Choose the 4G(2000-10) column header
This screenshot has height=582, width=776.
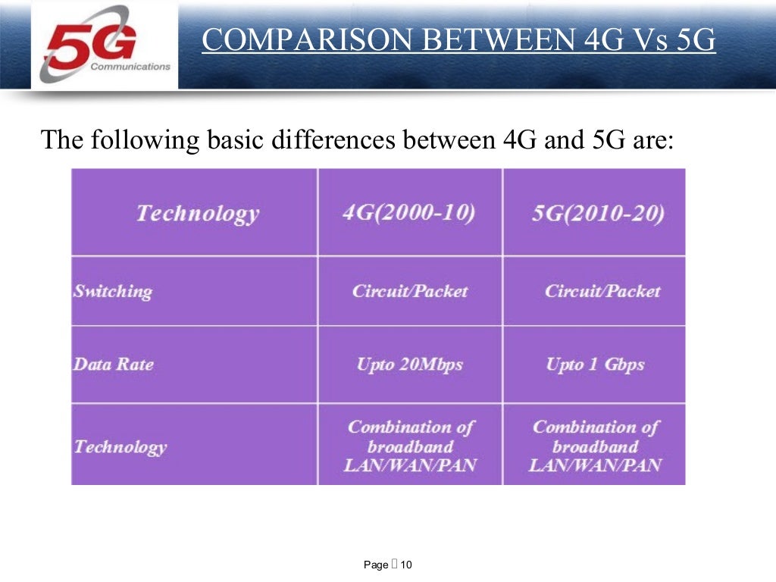409,212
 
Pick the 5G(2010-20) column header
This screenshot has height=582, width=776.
598,213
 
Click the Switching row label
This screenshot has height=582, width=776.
112,291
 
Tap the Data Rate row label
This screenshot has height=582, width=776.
113,365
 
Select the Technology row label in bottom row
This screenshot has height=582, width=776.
120,446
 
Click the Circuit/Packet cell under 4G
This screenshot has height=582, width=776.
409,291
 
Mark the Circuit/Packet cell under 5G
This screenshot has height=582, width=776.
602,291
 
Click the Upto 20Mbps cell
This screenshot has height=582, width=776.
409,365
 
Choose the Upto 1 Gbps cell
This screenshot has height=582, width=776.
595,365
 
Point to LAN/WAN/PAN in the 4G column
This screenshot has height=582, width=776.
410,465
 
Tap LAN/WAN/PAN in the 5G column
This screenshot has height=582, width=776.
595,465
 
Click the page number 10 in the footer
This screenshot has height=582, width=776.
406,565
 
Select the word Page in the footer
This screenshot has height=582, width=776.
376,565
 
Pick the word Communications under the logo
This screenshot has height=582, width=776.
130,67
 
